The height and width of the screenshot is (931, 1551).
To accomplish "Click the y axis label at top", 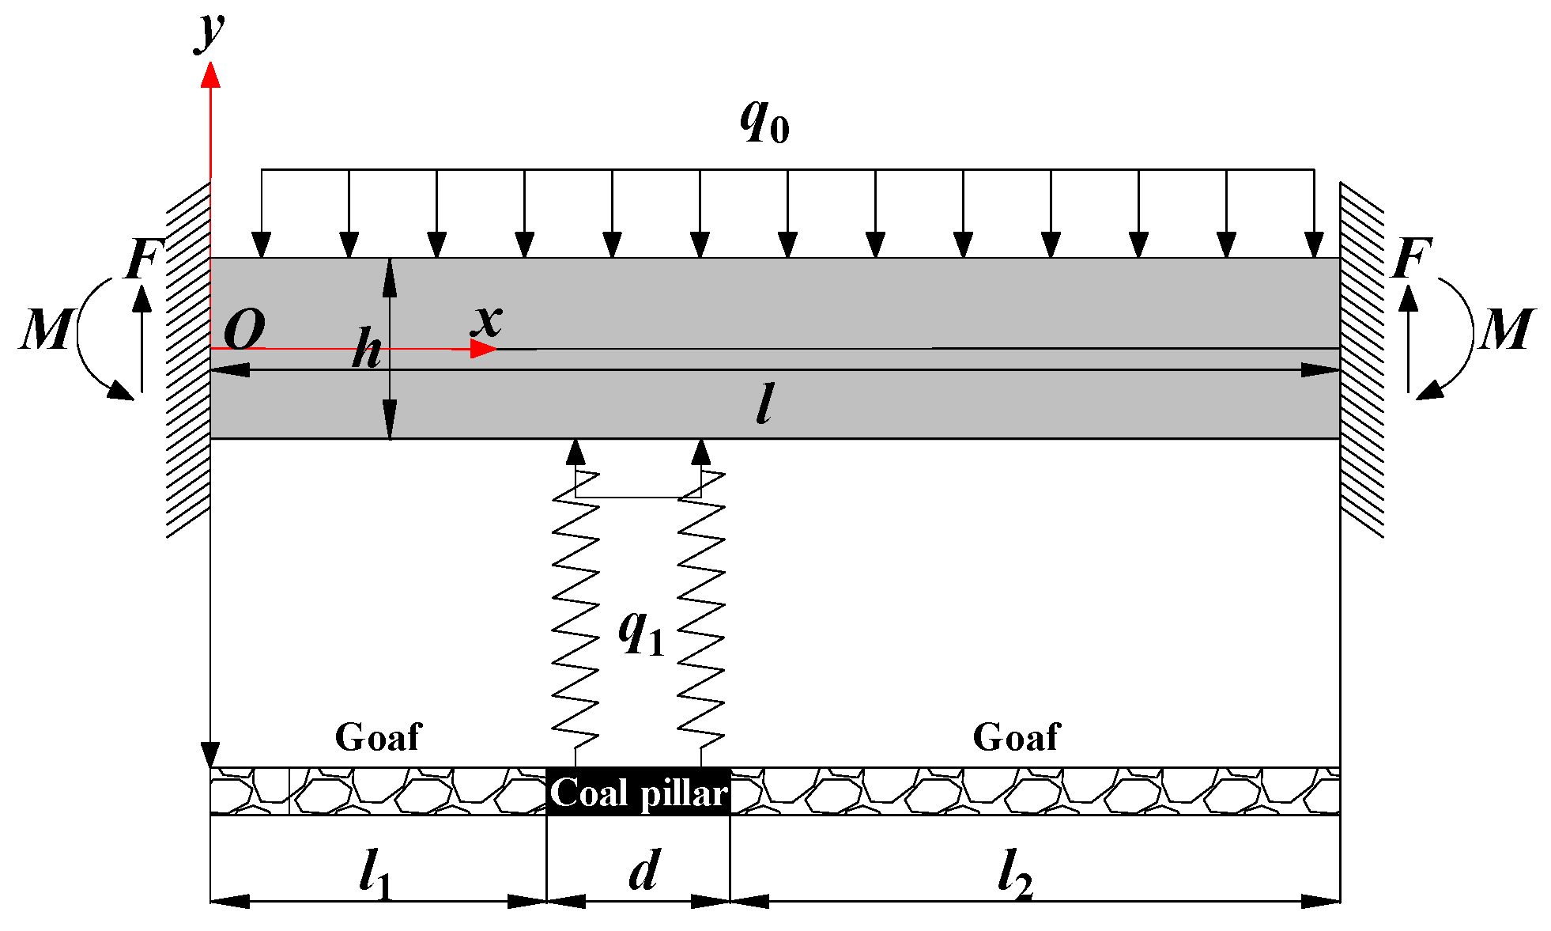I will [x=210, y=32].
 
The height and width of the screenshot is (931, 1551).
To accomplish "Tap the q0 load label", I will [x=764, y=123].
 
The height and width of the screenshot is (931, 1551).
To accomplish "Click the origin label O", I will [x=244, y=329].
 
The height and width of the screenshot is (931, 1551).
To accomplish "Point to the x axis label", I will [x=486, y=320].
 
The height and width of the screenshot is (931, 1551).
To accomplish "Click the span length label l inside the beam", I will [x=764, y=403].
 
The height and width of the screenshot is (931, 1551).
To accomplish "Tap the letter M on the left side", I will [x=45, y=329].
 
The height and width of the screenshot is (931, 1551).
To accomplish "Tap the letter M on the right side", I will [x=1507, y=329].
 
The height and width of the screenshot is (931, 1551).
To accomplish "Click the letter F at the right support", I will [x=1412, y=258].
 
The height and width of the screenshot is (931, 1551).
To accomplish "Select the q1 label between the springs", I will [x=640, y=633].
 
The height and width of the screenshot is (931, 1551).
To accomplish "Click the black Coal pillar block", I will [x=638, y=792].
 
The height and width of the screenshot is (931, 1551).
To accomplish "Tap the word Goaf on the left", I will [x=378, y=737].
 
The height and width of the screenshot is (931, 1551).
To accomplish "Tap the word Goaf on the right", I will [x=1016, y=737].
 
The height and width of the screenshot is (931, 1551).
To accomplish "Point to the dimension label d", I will [x=643, y=871].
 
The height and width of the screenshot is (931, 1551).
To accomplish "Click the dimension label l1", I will [x=375, y=875].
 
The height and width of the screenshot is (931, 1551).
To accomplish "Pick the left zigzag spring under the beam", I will [x=575, y=609].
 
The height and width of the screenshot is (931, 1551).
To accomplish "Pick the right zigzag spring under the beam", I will [x=702, y=609].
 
